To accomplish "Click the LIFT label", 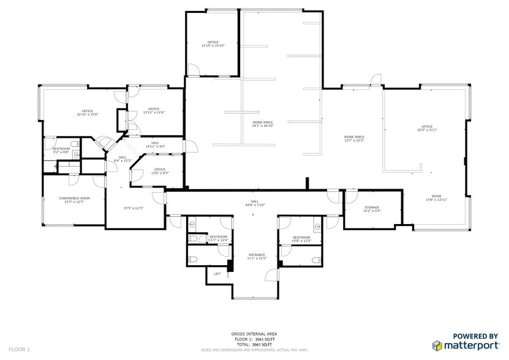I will pos(217,274).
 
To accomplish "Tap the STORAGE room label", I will pos(372,209).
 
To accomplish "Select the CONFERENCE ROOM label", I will pos(74,200).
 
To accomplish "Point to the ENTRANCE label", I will pos(257,256).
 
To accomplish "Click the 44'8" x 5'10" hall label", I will pos(254,203).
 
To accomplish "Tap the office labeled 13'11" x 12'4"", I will pos(154,111).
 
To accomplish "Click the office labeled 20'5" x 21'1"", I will pos(427,128).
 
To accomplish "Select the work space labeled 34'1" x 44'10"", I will pos(263,124).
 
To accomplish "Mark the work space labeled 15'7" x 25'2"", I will pos(354,138).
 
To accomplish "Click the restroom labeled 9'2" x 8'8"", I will pos(61,150).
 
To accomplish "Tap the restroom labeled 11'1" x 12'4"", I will pos(219,238).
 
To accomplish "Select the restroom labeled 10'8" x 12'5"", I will pos(301,239).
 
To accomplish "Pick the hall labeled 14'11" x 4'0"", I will pos(155,145).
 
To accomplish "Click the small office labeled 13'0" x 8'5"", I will pos(160,171).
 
